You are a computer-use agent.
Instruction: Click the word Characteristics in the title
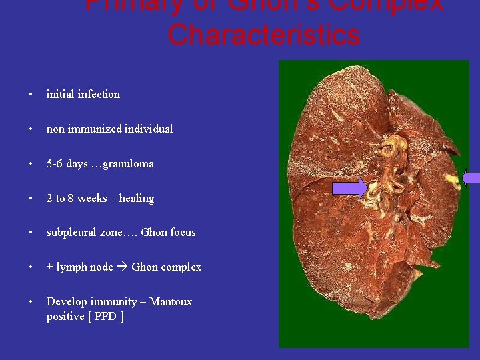tap(263, 34)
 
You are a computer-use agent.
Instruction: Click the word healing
tap(137, 199)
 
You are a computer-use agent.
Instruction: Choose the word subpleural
tap(72, 233)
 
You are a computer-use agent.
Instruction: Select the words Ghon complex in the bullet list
tap(167, 267)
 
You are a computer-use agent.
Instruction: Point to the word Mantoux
tap(171, 302)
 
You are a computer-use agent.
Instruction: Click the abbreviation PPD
tap(105, 317)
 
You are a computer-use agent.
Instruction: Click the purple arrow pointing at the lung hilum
tap(349, 188)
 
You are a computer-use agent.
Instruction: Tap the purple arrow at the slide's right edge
tap(471, 178)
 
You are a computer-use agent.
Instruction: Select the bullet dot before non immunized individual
tap(31, 129)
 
